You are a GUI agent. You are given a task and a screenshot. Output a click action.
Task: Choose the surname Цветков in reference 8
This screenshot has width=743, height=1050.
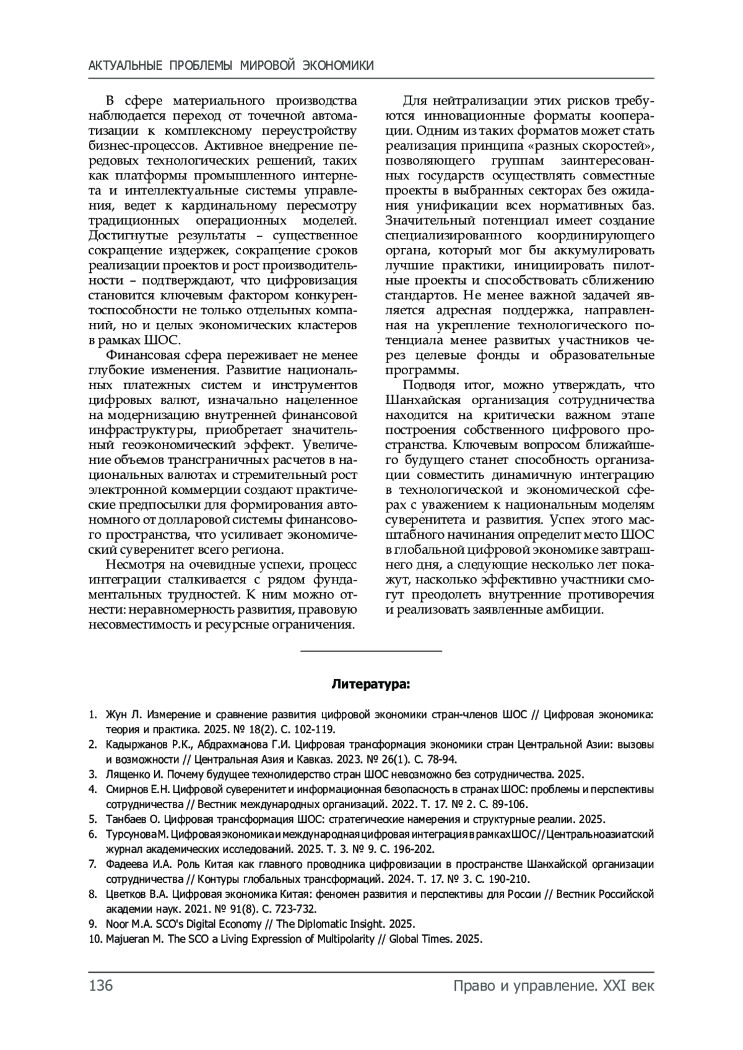pos(127,894)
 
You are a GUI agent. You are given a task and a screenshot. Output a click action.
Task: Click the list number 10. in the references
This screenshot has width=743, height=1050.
pos(95,939)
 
